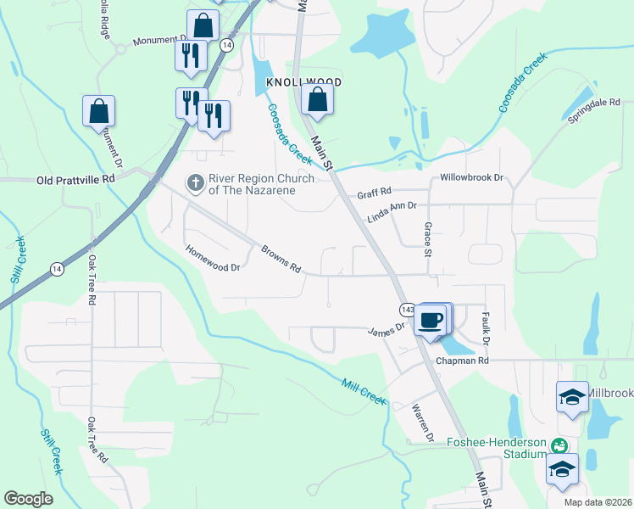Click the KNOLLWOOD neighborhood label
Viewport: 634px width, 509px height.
click(303, 82)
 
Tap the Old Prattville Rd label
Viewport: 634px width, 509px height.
click(75, 180)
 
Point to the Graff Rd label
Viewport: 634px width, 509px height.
click(374, 193)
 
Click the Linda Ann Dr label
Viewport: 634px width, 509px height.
click(392, 212)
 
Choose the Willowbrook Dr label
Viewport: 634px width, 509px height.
click(471, 179)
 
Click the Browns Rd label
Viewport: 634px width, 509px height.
click(281, 259)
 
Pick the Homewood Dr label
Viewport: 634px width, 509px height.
click(214, 258)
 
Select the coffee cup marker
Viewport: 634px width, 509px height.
click(431, 319)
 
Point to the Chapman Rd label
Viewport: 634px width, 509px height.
click(463, 361)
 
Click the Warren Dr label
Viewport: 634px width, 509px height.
click(423, 423)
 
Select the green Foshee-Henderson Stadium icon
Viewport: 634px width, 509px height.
click(559, 445)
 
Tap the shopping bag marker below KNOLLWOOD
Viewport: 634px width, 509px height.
click(316, 100)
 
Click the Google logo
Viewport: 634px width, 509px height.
click(28, 499)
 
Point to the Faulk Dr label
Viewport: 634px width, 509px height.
click(487, 327)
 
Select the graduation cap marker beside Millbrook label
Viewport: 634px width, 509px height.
click(572, 396)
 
